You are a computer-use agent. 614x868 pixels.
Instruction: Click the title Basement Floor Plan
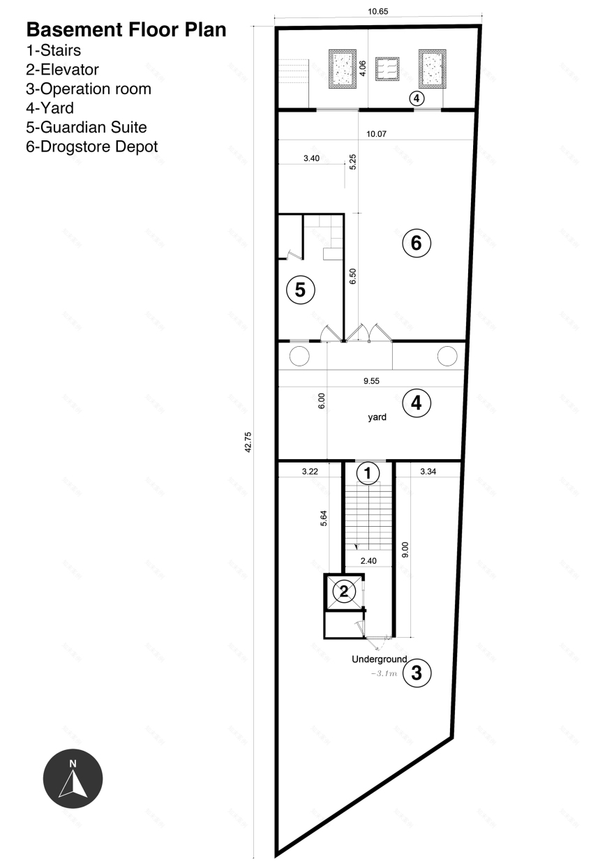(126, 30)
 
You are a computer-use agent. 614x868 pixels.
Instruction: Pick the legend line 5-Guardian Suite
(87, 127)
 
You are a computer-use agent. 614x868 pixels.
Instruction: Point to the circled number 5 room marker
(300, 290)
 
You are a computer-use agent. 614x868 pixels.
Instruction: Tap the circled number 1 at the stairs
(368, 474)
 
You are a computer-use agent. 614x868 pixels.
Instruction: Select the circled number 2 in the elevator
(343, 592)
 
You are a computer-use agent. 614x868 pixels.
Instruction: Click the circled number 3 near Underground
(417, 673)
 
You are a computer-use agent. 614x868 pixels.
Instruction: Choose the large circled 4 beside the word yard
(417, 403)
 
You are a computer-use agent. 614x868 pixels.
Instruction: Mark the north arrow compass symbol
(73, 779)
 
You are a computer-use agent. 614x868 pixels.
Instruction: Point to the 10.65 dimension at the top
(377, 11)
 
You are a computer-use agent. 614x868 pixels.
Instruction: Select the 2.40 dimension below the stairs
(369, 560)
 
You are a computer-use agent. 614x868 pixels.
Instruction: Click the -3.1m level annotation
(384, 674)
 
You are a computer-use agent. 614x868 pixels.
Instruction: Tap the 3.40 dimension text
(311, 158)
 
